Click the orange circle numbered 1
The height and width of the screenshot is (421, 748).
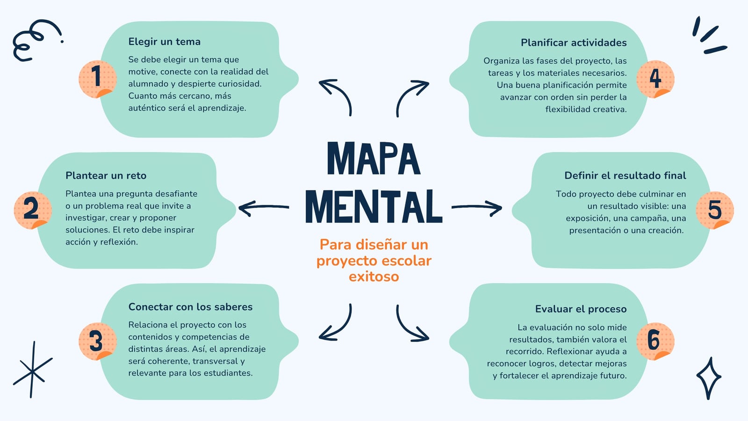click(x=98, y=79)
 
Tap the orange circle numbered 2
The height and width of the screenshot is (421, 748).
click(x=33, y=210)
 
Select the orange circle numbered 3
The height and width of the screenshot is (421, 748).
click(x=98, y=341)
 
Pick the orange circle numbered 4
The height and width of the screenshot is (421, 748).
click(x=655, y=79)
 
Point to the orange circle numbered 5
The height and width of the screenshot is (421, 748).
click(x=715, y=210)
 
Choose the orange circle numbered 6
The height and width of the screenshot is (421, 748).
click(x=655, y=341)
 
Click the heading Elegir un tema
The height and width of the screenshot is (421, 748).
click(x=164, y=42)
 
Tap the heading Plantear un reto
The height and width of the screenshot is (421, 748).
click(x=106, y=175)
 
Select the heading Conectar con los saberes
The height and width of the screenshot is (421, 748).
click(x=190, y=307)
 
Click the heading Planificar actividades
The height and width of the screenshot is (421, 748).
click(x=574, y=43)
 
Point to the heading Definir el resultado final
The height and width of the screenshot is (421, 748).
click(x=625, y=175)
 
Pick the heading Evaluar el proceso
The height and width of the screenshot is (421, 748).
click(x=581, y=309)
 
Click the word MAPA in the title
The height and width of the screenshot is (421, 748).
click(x=374, y=159)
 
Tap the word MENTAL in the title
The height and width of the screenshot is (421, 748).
click(x=374, y=206)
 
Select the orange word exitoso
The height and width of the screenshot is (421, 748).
click(x=374, y=276)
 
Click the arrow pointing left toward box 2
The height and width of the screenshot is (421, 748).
click(x=264, y=208)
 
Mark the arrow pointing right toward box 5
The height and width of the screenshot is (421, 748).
click(x=476, y=208)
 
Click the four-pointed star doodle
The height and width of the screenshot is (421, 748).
click(x=709, y=378)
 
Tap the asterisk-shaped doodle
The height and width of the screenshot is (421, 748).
click(x=32, y=370)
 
